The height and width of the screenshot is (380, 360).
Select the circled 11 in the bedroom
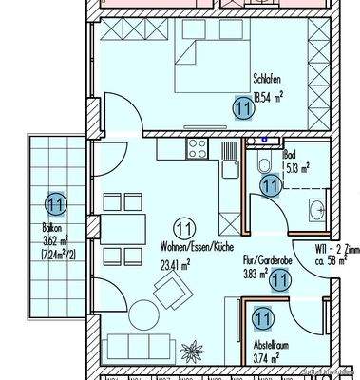pyautogui.click(x=243, y=109)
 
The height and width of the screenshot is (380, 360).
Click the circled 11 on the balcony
pyautogui.click(x=55, y=202)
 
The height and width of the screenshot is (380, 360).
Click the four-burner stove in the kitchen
pyautogui.click(x=199, y=148)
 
